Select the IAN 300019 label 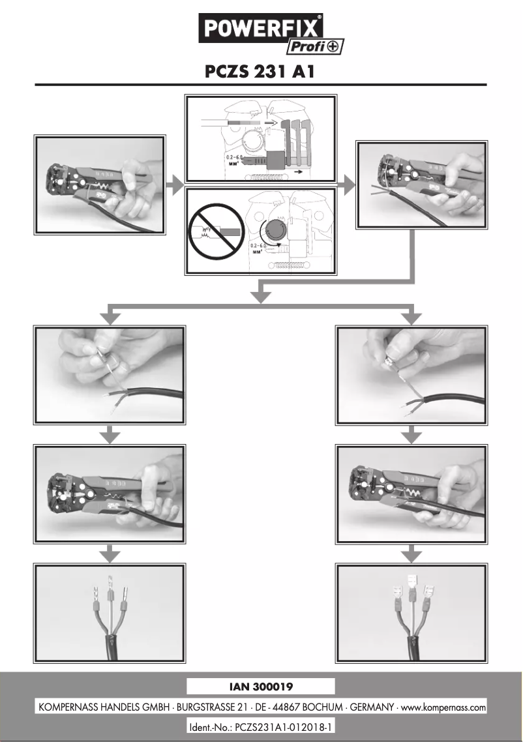pos(261,686)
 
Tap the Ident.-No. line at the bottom pos(261,726)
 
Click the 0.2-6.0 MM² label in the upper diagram pos(226,159)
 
